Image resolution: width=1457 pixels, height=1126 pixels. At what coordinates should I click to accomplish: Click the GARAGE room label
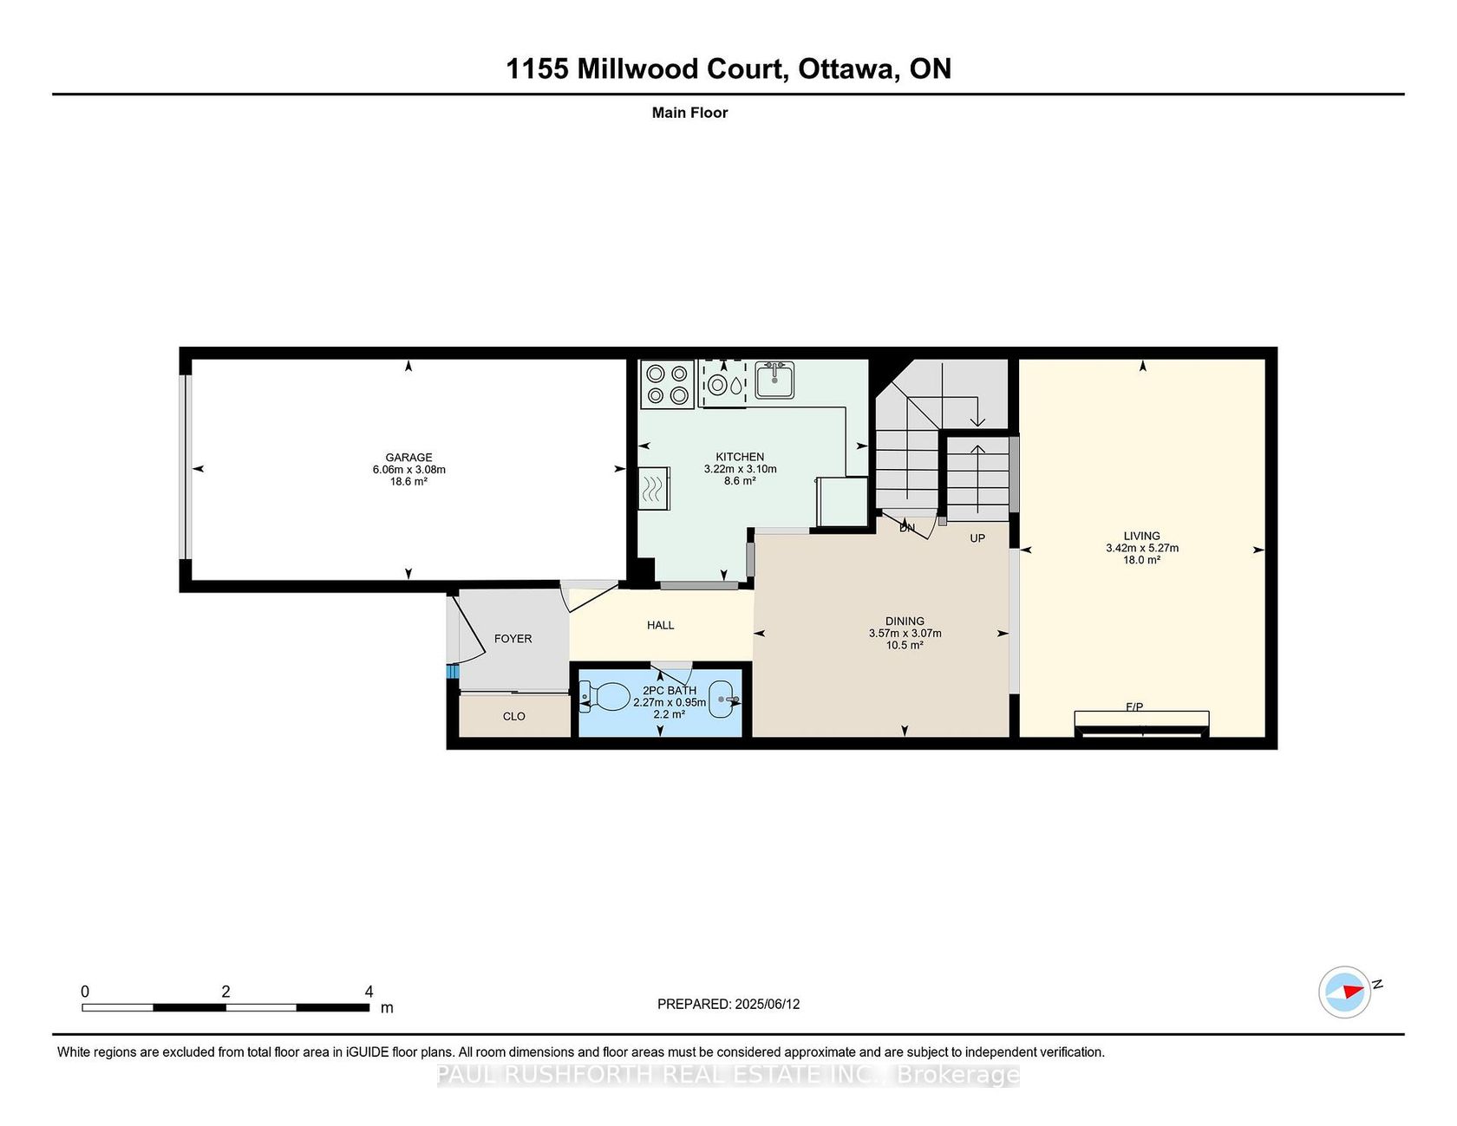pyautogui.click(x=408, y=458)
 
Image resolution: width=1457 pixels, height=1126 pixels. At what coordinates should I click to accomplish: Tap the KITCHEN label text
pyautogui.click(x=740, y=457)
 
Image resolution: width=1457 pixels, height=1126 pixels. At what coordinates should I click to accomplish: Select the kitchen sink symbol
pyautogui.click(x=774, y=380)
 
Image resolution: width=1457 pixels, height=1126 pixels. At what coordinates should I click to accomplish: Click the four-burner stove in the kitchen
pyautogui.click(x=667, y=384)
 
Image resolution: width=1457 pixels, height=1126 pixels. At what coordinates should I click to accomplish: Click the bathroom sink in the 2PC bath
pyautogui.click(x=723, y=700)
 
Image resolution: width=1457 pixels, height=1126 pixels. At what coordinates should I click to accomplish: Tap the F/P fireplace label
pyautogui.click(x=1134, y=707)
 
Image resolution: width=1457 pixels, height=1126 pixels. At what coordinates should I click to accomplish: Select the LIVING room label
pyautogui.click(x=1141, y=536)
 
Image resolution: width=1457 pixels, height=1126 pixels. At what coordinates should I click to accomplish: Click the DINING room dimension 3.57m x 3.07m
pyautogui.click(x=905, y=634)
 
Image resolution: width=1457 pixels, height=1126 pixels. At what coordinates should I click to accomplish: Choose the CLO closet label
pyautogui.click(x=514, y=717)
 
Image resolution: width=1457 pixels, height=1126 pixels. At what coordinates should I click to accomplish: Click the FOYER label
pyautogui.click(x=513, y=639)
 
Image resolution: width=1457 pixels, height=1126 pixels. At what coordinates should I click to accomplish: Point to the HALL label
pyautogui.click(x=660, y=625)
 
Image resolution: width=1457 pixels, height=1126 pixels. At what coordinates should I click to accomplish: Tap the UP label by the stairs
pyautogui.click(x=977, y=538)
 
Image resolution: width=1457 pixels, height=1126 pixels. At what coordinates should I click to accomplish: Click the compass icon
pyautogui.click(x=1344, y=992)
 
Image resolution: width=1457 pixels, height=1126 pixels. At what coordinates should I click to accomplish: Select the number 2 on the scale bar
pyautogui.click(x=225, y=992)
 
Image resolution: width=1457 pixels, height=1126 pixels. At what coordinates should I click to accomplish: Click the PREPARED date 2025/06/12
pyautogui.click(x=767, y=1004)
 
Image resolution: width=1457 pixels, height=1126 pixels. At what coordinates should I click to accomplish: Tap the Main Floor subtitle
pyautogui.click(x=689, y=113)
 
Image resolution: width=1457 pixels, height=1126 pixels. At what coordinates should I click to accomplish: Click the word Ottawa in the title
pyautogui.click(x=844, y=69)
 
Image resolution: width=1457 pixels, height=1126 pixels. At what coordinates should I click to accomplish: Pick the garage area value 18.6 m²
pyautogui.click(x=408, y=482)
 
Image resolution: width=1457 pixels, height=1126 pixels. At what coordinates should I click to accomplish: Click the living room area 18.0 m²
pyautogui.click(x=1141, y=560)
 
